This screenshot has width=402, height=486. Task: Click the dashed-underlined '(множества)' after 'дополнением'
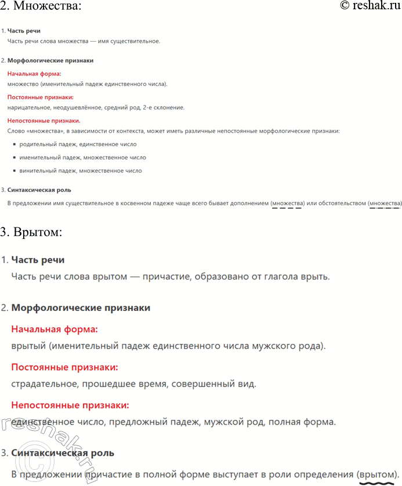[x=288, y=204]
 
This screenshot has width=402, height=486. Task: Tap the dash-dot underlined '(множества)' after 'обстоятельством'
[x=385, y=204]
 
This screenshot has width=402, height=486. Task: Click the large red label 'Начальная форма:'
[x=55, y=329]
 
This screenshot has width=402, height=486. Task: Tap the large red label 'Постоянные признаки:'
[x=64, y=368]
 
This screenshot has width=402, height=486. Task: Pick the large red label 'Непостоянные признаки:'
[x=70, y=405]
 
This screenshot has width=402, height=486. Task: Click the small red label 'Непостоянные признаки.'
[x=44, y=121]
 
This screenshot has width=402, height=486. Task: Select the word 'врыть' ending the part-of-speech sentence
[x=316, y=277]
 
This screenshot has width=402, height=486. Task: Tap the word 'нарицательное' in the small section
[x=28, y=108]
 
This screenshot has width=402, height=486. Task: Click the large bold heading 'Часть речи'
[x=38, y=260]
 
